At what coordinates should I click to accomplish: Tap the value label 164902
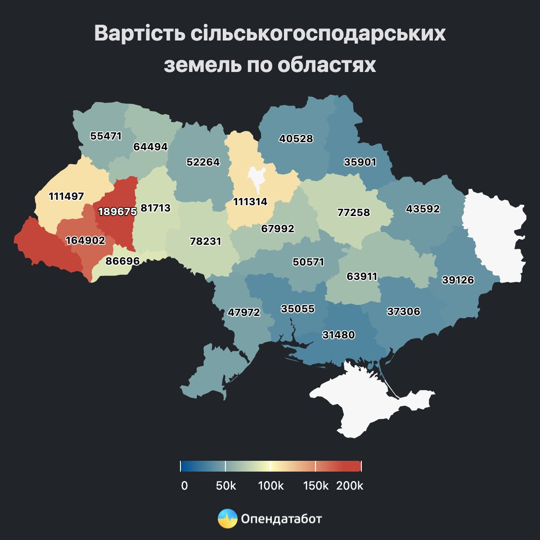coord(85,240)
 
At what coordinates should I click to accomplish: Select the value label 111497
coord(66,196)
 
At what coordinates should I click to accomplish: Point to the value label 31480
coord(338,335)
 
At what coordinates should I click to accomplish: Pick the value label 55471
coord(106,135)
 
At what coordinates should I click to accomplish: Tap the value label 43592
coord(423,209)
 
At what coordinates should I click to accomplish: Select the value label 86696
coord(122,261)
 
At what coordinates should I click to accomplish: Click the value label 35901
coord(360,162)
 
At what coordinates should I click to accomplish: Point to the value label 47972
coord(244,312)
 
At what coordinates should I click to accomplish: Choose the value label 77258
coord(354,212)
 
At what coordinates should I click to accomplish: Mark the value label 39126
coord(458,280)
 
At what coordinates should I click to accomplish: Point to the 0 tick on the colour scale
coord(184,486)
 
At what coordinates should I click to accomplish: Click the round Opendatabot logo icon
coord(227,519)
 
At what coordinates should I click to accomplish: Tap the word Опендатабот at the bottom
coord(282,519)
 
